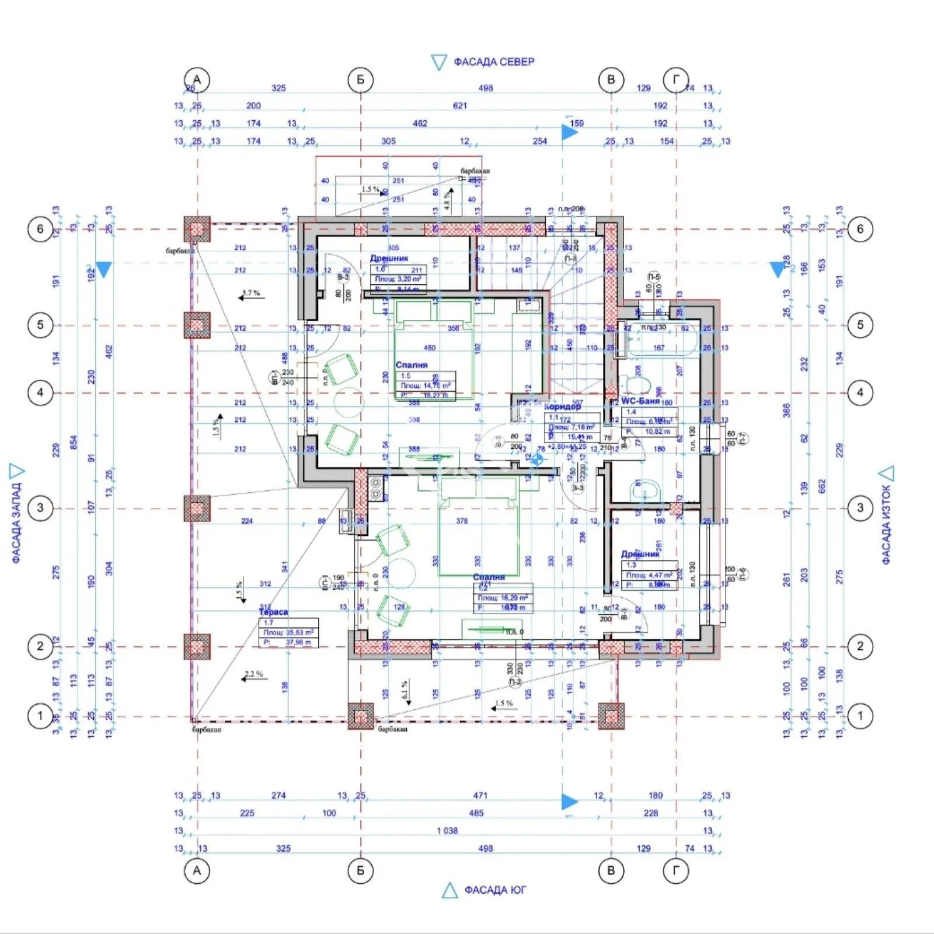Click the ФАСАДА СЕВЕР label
[x=494, y=62]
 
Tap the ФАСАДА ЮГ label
[x=495, y=890]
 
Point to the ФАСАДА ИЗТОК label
[x=886, y=524]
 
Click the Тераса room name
[x=273, y=612]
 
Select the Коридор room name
[x=563, y=406]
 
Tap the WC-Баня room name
[x=640, y=401]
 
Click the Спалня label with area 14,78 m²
[x=412, y=365]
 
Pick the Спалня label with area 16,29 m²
[x=489, y=577]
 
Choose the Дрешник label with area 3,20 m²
[x=389, y=258]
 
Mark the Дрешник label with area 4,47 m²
[x=640, y=553]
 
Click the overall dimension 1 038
[x=447, y=831]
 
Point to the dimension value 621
[x=460, y=106]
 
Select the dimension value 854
[x=74, y=442]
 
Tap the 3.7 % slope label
[x=251, y=293]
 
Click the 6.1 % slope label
[x=404, y=690]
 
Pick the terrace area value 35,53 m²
[x=288, y=632]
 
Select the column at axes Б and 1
[x=361, y=716]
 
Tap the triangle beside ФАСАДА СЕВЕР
[x=438, y=62]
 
